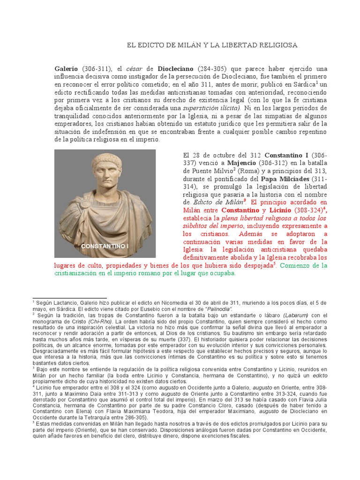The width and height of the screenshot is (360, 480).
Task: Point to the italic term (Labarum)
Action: pyautogui.click(x=296, y=315)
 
